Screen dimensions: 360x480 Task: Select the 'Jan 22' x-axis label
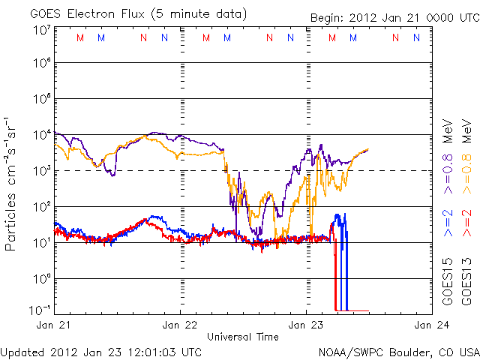(181, 325)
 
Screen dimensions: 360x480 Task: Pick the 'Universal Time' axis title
(243, 337)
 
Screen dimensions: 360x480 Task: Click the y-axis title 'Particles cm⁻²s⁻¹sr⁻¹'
(13, 182)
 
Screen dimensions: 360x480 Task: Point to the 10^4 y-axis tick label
(41, 135)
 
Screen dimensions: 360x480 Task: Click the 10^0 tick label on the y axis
(41, 278)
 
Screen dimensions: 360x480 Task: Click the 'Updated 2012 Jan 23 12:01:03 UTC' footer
(101, 351)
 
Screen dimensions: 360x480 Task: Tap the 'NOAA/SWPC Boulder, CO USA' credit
(398, 351)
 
